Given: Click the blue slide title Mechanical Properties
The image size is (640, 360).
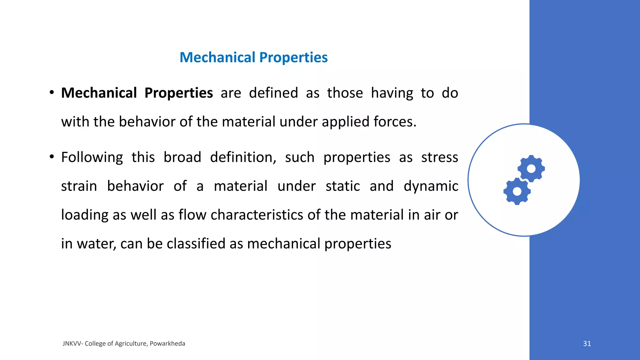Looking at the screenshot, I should tap(253, 57).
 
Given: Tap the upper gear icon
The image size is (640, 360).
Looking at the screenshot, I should tap(531, 168).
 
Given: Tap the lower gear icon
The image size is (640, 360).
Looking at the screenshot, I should tap(517, 191).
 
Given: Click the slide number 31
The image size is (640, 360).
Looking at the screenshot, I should tap(587, 343).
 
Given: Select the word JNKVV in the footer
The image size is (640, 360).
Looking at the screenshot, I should tap(72, 343).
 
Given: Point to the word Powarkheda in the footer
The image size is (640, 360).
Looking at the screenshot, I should tap(167, 343).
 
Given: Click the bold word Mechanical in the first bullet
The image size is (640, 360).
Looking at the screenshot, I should tap(99, 93).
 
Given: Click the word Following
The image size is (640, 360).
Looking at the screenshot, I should tap(92, 157).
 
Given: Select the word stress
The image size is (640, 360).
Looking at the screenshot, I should tap(439, 157).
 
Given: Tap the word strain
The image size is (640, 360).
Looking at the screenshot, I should tap(79, 186).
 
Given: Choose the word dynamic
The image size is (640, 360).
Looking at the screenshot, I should tap(431, 186).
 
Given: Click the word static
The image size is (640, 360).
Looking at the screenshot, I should tap(342, 186).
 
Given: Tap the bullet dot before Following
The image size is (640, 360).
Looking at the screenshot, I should tap(52, 157).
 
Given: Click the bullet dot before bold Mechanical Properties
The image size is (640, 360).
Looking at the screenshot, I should tap(52, 92).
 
